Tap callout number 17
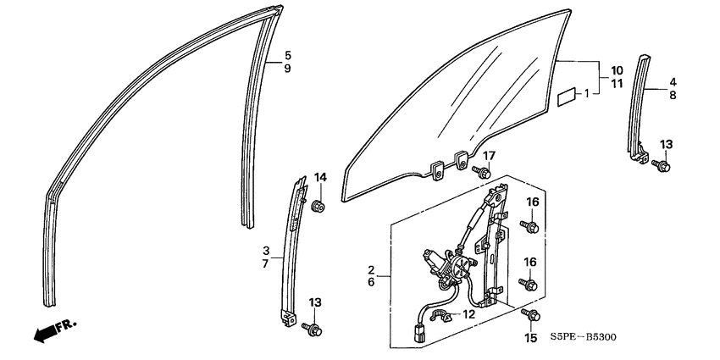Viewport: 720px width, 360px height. (489, 156)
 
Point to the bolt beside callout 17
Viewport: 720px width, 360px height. (481, 172)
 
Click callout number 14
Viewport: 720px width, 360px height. (320, 177)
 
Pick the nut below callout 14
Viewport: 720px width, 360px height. (318, 207)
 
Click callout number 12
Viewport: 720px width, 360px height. (468, 314)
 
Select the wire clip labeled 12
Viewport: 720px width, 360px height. (440, 315)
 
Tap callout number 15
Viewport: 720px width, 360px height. (530, 339)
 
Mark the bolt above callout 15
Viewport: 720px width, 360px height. (530, 315)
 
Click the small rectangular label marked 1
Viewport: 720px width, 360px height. (568, 99)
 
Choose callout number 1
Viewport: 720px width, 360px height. (587, 94)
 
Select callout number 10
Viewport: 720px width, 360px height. (617, 70)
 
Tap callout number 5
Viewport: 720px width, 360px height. (287, 56)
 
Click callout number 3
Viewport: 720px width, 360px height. (266, 251)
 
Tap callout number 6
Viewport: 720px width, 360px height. (371, 282)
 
